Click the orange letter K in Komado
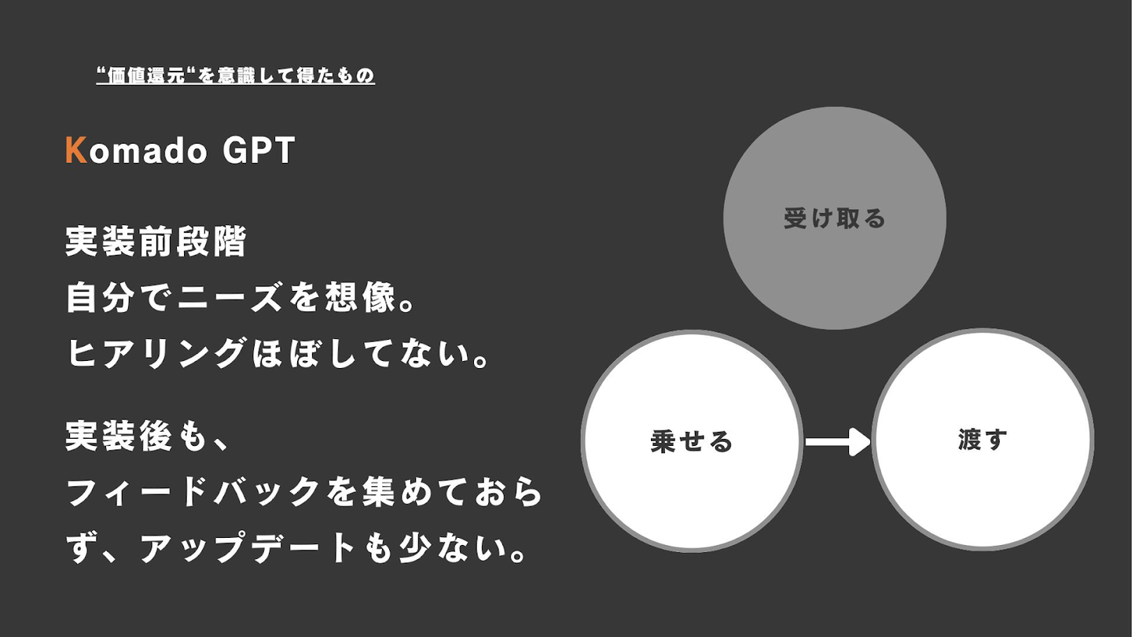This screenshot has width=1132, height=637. pyautogui.click(x=75, y=151)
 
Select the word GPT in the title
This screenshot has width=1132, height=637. pyautogui.click(x=259, y=151)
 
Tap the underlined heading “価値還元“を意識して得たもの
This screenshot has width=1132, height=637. pyautogui.click(x=235, y=75)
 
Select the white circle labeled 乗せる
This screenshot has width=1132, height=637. pyautogui.click(x=692, y=488)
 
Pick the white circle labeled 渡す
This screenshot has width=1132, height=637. pyautogui.click(x=983, y=488)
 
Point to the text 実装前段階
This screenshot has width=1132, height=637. pyautogui.click(x=156, y=241)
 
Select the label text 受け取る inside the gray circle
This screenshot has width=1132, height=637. pyautogui.click(x=834, y=218)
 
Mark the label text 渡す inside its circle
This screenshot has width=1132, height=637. pyautogui.click(x=983, y=440)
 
